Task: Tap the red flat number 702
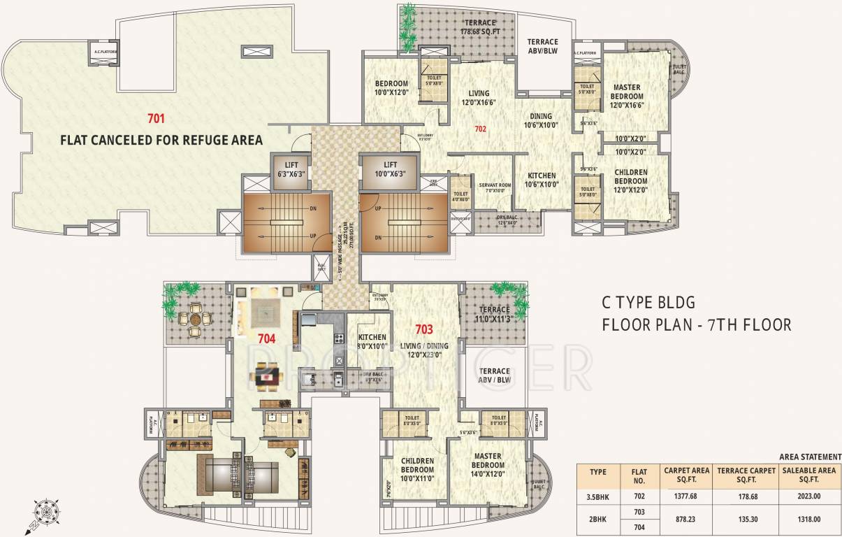pyautogui.click(x=480, y=129)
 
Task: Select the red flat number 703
pyautogui.click(x=424, y=329)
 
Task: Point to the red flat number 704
pyautogui.click(x=266, y=338)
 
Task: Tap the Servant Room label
pyautogui.click(x=495, y=188)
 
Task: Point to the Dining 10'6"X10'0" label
pyautogui.click(x=540, y=121)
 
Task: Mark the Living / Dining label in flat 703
pyautogui.click(x=425, y=350)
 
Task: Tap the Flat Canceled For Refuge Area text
pyautogui.click(x=161, y=141)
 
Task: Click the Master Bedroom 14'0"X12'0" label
pyautogui.click(x=487, y=464)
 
